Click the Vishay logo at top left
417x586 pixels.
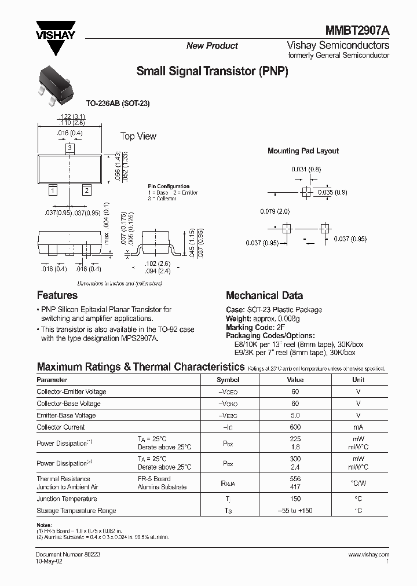[x=56, y=36]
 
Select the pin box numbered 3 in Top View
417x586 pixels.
[x=69, y=149]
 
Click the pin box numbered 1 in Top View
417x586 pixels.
[x=53, y=191]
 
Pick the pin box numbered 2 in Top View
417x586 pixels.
[x=86, y=191]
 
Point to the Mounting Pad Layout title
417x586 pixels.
[x=303, y=151]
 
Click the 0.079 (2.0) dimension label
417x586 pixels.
[x=275, y=211]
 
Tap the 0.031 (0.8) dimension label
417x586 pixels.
[x=305, y=169]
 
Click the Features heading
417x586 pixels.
[x=57, y=295]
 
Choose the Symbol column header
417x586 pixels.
[x=228, y=380]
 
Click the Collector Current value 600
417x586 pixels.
[x=295, y=427]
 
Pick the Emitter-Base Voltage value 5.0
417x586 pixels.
[x=295, y=415]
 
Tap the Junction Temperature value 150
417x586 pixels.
[x=295, y=499]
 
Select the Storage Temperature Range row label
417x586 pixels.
[x=76, y=511]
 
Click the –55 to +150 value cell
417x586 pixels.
[x=295, y=511]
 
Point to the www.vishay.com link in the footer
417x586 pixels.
[x=369, y=554]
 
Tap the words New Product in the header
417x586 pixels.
[x=212, y=46]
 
